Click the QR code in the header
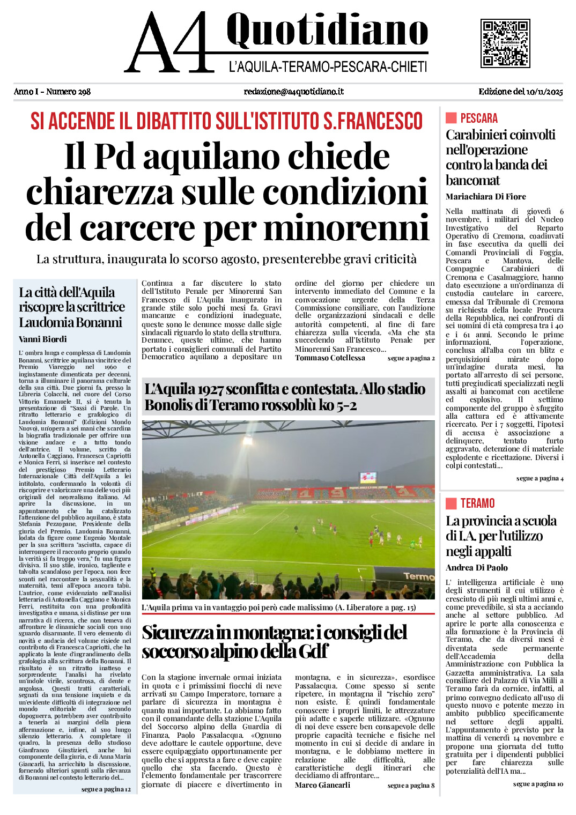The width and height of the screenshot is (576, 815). (x=505, y=43)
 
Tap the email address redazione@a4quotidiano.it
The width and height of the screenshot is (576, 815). (x=293, y=92)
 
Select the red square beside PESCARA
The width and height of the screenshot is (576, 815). (x=451, y=118)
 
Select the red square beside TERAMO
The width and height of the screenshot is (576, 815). (x=451, y=503)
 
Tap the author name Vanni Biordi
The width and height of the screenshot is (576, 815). (x=43, y=339)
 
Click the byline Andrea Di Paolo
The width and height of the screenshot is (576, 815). (x=477, y=568)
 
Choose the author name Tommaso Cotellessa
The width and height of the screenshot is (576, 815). (x=330, y=358)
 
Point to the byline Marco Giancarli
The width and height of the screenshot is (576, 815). (x=322, y=785)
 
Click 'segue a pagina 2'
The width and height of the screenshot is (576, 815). (x=411, y=358)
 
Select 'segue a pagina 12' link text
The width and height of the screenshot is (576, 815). (x=106, y=789)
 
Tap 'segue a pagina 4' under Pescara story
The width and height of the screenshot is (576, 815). (x=540, y=478)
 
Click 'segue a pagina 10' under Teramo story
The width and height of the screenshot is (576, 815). (x=538, y=784)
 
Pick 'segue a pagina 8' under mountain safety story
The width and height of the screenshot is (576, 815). (x=411, y=786)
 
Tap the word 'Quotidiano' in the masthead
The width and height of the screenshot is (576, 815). (x=327, y=30)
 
